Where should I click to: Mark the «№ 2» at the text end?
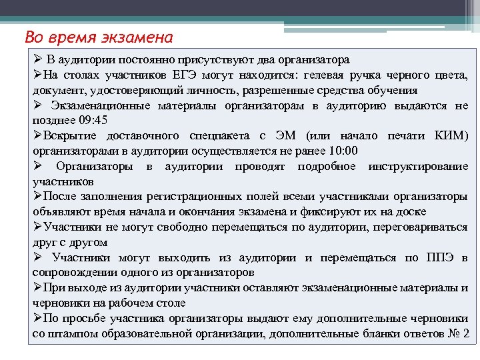pyautogui.click(x=459, y=333)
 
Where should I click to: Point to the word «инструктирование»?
pyautogui.click(x=418, y=166)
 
